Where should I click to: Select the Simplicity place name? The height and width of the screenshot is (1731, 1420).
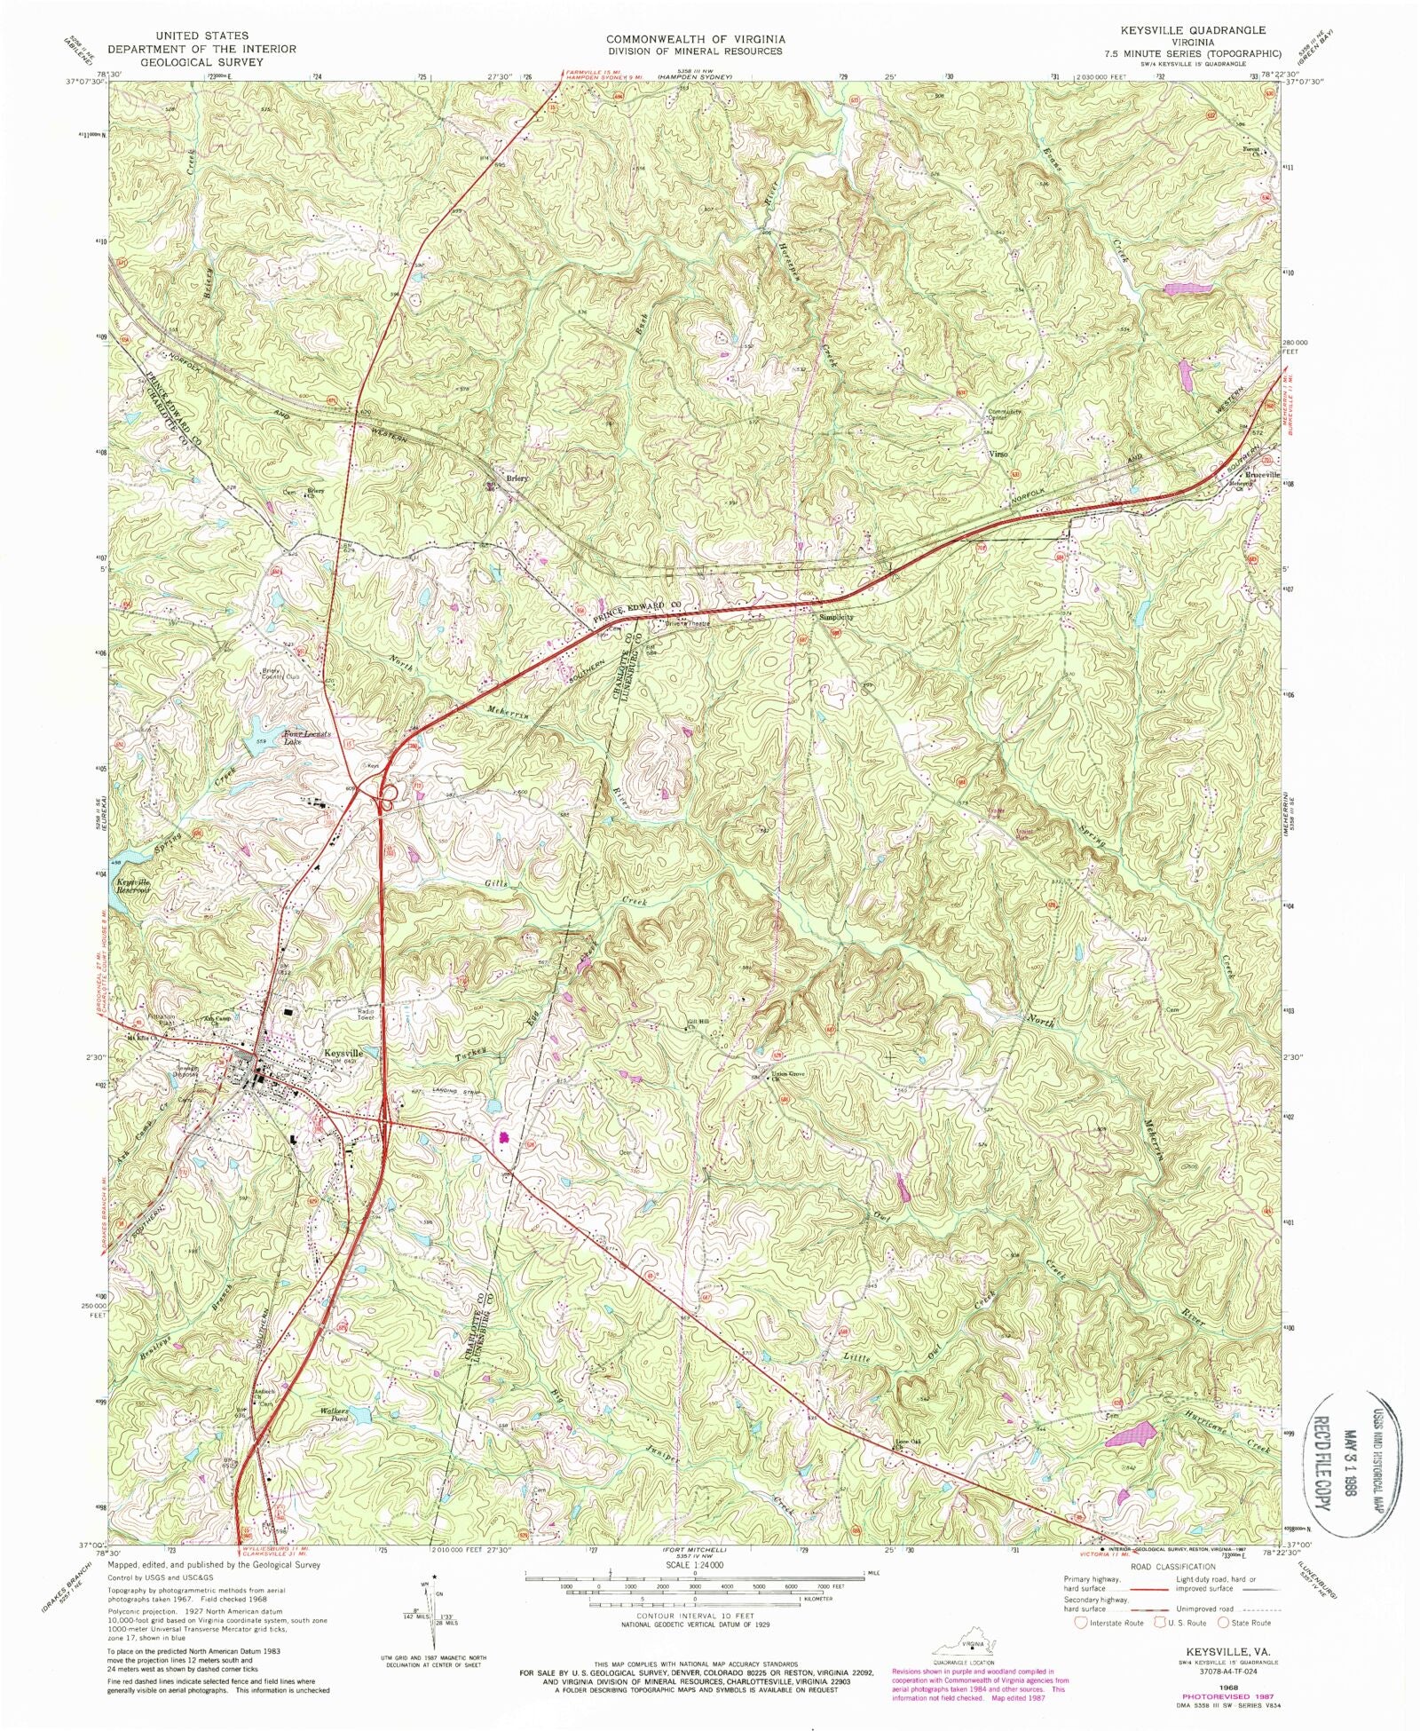[x=836, y=616]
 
